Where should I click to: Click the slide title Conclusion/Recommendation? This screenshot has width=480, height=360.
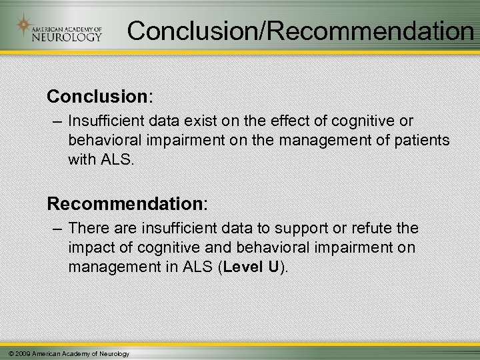click(299, 29)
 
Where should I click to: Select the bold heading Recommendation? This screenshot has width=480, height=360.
click(126, 201)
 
